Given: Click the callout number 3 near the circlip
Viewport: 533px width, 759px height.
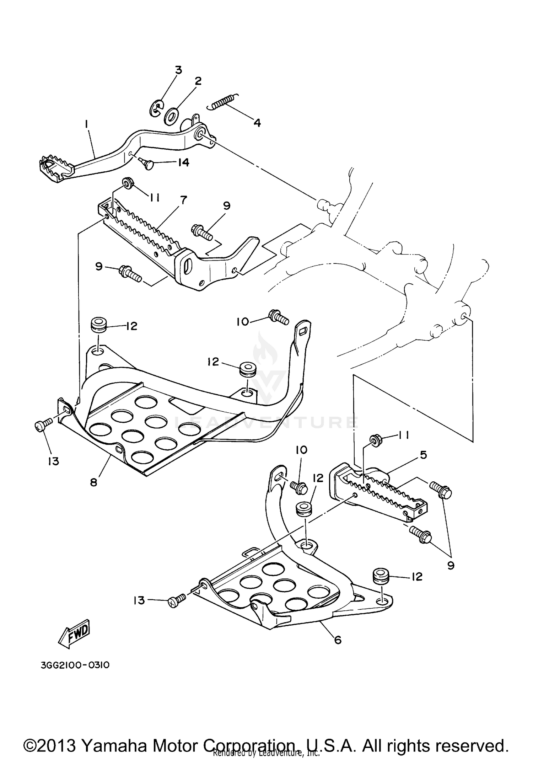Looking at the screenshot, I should click(x=178, y=70).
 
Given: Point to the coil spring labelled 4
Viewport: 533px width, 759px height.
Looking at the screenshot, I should click(x=223, y=101).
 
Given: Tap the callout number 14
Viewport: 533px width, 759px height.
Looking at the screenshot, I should click(x=183, y=162).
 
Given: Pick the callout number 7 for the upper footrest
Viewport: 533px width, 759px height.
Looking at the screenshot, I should click(x=183, y=200).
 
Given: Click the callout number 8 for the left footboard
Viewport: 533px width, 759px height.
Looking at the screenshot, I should click(x=93, y=482).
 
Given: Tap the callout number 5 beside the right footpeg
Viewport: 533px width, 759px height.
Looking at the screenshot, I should click(x=423, y=455).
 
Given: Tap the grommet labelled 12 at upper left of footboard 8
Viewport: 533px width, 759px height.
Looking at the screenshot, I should click(x=99, y=325).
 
